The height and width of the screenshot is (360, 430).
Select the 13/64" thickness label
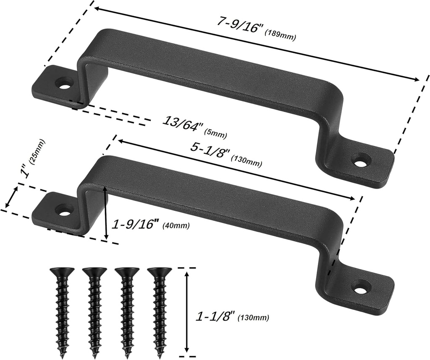click(x=183, y=124)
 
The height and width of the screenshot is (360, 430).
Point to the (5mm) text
click(x=215, y=134)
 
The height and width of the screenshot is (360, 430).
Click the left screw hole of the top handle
click(x=64, y=83)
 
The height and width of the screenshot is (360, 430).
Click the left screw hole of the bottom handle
click(x=64, y=209)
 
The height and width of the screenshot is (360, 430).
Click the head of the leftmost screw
click(x=62, y=271)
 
